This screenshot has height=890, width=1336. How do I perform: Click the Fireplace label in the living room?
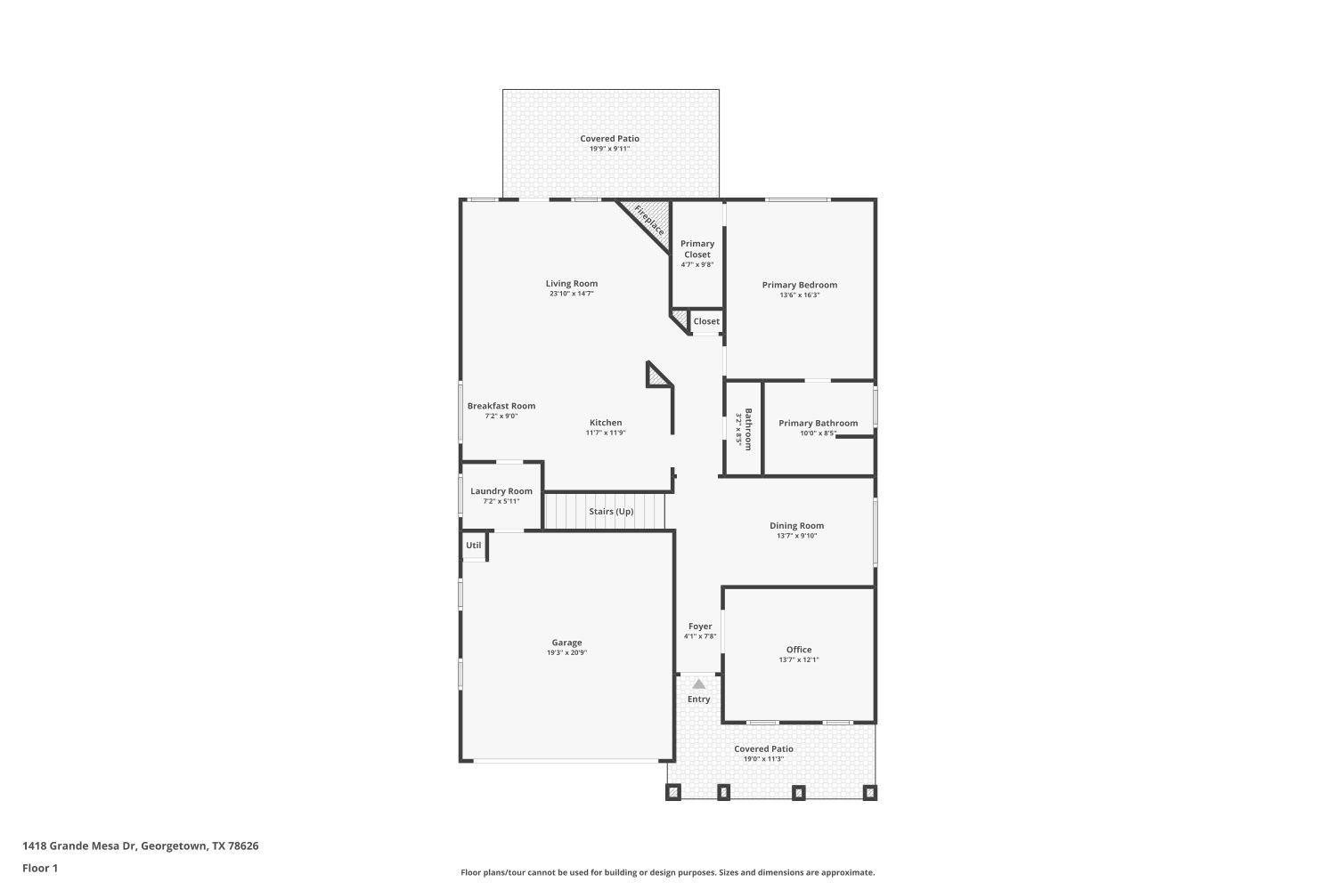(x=649, y=220)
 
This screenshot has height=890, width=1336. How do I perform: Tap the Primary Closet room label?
(x=697, y=249)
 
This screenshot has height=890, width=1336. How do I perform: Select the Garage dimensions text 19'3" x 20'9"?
(x=566, y=653)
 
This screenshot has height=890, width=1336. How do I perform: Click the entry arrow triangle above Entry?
(x=699, y=684)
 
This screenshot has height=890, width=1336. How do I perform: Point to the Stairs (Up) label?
(x=611, y=512)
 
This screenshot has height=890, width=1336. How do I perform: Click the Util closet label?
(x=474, y=546)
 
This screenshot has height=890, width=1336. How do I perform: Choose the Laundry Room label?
(x=501, y=491)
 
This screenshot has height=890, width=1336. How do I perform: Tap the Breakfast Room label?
(x=501, y=406)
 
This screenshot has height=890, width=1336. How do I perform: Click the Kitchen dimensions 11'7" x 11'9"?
(x=606, y=433)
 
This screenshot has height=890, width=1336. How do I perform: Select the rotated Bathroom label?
(x=748, y=429)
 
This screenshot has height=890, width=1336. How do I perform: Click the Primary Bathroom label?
(x=818, y=424)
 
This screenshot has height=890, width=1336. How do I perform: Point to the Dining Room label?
(x=796, y=526)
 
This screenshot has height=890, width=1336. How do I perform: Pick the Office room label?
(x=799, y=650)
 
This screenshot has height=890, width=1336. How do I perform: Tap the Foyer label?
(x=700, y=627)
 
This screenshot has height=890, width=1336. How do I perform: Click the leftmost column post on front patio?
(x=674, y=791)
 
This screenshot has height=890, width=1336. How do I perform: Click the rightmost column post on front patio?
(x=870, y=791)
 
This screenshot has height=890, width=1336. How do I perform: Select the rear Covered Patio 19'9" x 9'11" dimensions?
(x=609, y=150)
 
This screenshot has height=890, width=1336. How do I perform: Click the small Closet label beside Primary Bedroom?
(x=706, y=321)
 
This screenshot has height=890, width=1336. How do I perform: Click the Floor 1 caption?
(x=40, y=868)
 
